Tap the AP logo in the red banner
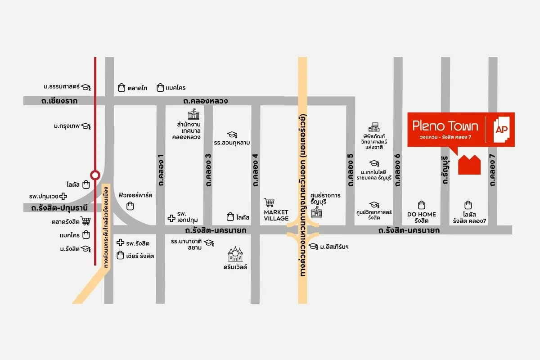pyautogui.click(x=500, y=130)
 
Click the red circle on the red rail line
pyautogui.click(x=95, y=175)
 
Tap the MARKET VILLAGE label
pyautogui.click(x=276, y=215)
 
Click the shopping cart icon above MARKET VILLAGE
pyautogui.click(x=270, y=203)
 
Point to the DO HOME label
pyautogui.click(x=422, y=214)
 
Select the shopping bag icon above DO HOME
pyautogui.click(x=422, y=205)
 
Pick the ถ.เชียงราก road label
pyautogui.click(x=59, y=101)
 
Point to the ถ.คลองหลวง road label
pyautogui.click(x=202, y=101)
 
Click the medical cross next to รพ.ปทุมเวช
pyautogui.click(x=64, y=196)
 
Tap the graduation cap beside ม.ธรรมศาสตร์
pyautogui.click(x=86, y=87)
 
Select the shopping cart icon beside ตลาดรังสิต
pyautogui.click(x=86, y=221)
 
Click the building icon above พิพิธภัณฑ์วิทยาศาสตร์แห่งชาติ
pyautogui.click(x=374, y=127)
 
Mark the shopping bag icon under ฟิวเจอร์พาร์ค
pyautogui.click(x=130, y=206)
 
